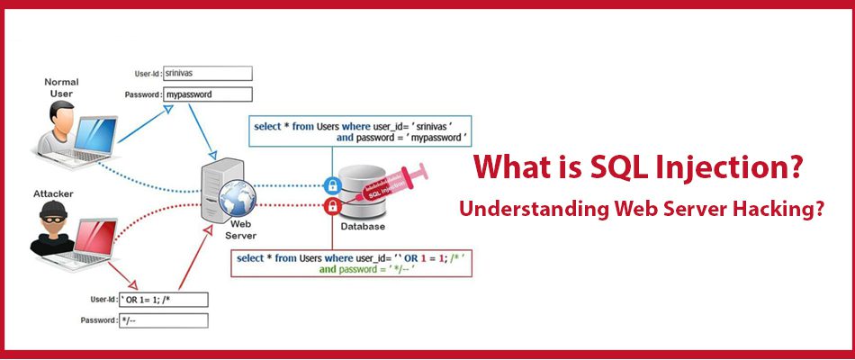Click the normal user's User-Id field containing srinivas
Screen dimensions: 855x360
coord(208,73)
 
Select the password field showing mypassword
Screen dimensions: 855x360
coord(208,94)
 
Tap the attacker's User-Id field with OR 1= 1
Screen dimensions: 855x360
coord(163,300)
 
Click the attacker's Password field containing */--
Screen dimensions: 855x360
coord(163,320)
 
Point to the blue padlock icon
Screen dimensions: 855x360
coord(332,185)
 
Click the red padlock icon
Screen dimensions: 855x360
coord(332,206)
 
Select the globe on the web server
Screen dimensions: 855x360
coord(238,198)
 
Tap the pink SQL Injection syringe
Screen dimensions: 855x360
coord(391,184)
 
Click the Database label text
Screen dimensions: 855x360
coord(363,227)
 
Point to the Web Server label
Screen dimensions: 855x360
coord(240,230)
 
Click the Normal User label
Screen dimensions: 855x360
coord(61,88)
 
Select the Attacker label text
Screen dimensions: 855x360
coord(53,193)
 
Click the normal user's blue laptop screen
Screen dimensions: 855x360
coord(96,134)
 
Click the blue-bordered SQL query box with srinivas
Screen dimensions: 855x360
coord(360,130)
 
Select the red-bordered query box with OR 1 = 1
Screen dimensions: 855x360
coord(352,264)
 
